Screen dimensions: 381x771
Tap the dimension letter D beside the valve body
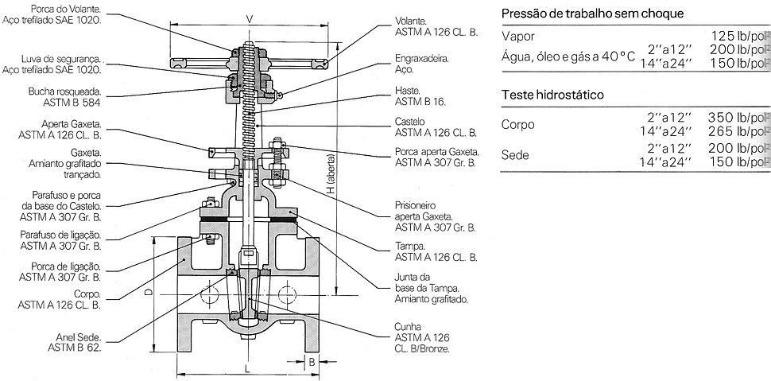(149, 294)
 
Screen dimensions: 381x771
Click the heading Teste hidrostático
(552, 95)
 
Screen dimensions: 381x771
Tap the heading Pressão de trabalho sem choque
(592, 14)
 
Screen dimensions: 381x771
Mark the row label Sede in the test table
(515, 155)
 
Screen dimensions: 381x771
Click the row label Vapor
(518, 37)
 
